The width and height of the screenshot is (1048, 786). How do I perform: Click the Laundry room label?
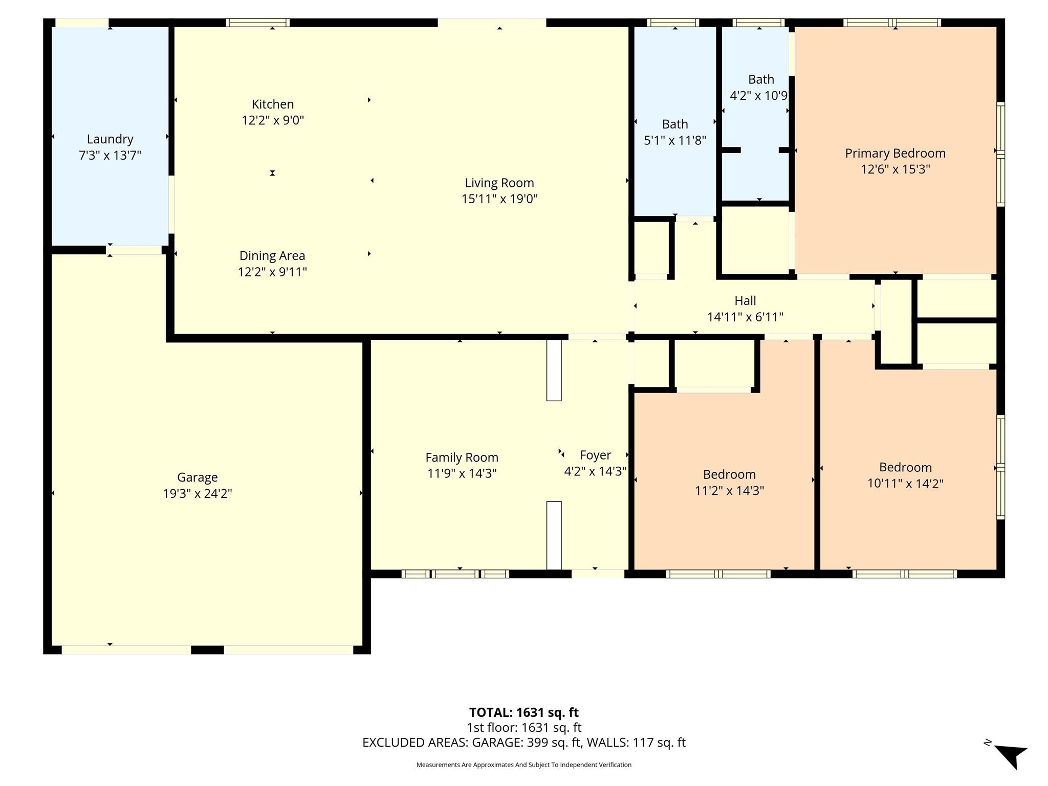click(110, 139)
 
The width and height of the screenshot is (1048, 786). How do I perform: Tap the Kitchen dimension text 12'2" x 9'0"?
click(273, 120)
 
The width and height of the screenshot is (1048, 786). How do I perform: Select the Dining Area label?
click(272, 255)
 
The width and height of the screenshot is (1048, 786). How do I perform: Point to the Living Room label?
click(499, 183)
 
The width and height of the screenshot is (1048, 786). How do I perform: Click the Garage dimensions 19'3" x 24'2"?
click(198, 493)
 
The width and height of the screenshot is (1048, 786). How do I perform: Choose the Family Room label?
click(462, 457)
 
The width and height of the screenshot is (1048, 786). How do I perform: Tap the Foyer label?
click(595, 455)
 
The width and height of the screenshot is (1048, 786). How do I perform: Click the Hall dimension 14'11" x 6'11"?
click(745, 317)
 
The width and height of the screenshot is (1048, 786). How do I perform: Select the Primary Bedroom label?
click(896, 153)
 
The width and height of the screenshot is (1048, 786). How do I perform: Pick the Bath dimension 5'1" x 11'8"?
click(675, 140)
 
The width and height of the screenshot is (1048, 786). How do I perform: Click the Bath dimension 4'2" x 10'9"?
click(758, 96)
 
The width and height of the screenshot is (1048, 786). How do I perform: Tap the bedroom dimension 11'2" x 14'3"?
click(729, 491)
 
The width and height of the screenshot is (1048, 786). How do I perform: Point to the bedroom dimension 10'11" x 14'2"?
click(905, 484)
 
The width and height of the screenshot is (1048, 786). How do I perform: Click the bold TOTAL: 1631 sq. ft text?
click(524, 712)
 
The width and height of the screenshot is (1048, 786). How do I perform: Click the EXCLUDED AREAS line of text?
click(524, 743)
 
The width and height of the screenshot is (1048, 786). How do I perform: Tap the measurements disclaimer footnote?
click(524, 765)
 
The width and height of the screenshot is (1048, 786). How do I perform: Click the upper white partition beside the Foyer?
click(554, 370)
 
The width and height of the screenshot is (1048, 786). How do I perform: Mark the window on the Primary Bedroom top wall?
click(892, 23)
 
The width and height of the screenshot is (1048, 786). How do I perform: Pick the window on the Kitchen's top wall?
click(258, 23)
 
